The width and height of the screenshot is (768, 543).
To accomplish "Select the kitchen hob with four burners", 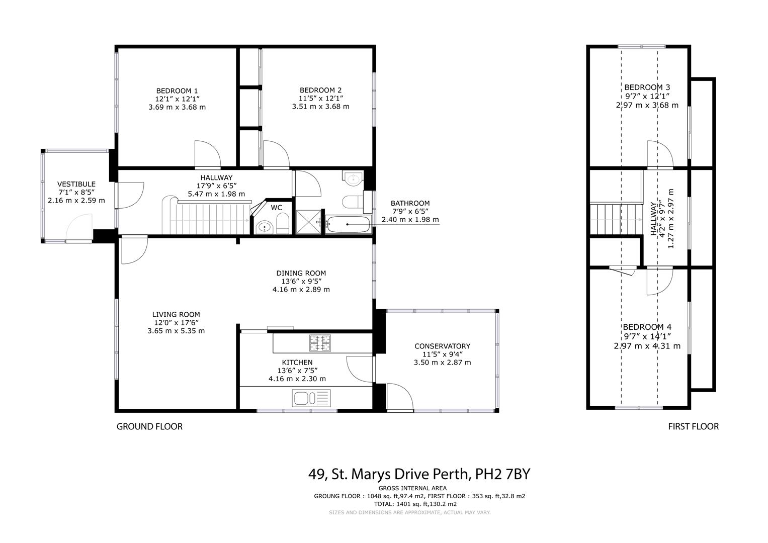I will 320,344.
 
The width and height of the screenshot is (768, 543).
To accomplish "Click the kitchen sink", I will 311,399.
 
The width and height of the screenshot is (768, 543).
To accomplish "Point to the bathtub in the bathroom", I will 348,224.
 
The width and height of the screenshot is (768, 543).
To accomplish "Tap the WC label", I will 276,207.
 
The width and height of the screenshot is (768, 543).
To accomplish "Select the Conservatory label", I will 442,346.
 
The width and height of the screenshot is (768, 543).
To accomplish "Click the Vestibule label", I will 76,184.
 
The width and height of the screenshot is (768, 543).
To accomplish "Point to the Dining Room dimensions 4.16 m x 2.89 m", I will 301,290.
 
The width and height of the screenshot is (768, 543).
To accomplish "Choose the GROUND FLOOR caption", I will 149,426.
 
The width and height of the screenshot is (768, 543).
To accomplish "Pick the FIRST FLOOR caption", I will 693,426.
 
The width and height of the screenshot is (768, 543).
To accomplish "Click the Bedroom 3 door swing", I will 658,155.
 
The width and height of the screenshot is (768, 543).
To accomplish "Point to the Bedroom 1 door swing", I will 206,154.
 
